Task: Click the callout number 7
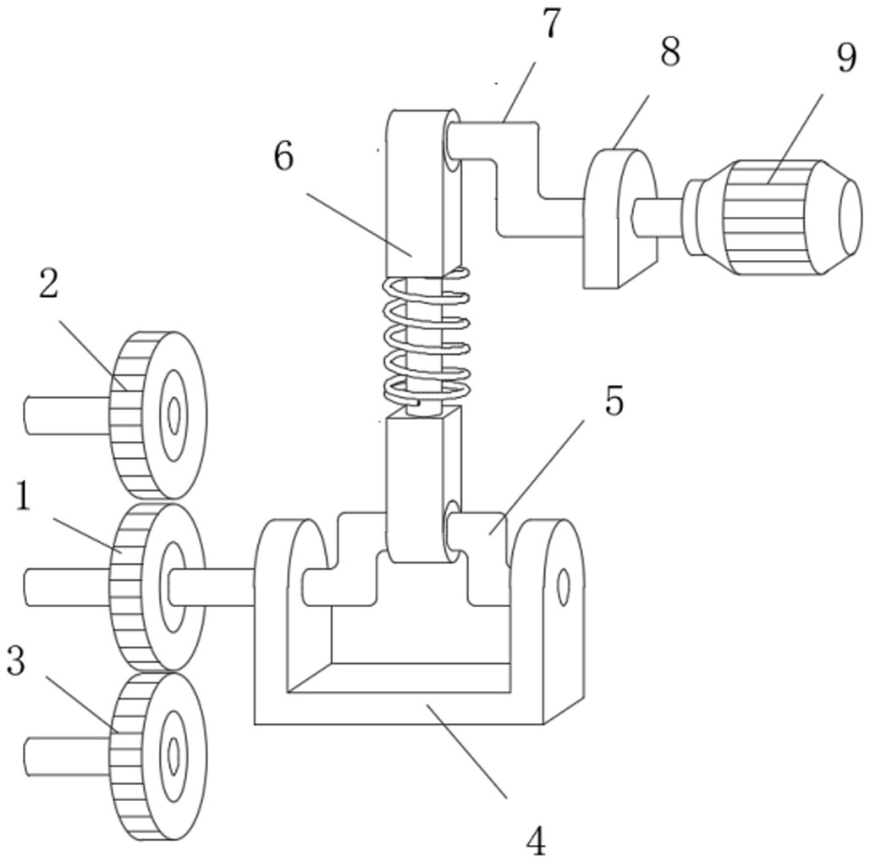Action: pyautogui.click(x=550, y=25)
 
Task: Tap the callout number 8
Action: pyautogui.click(x=670, y=52)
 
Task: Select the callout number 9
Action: pyautogui.click(x=846, y=58)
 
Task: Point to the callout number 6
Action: pyautogui.click(x=284, y=157)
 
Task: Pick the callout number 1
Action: pyautogui.click(x=24, y=495)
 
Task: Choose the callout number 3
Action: pyautogui.click(x=15, y=660)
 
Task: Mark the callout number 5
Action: pyautogui.click(x=614, y=401)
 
